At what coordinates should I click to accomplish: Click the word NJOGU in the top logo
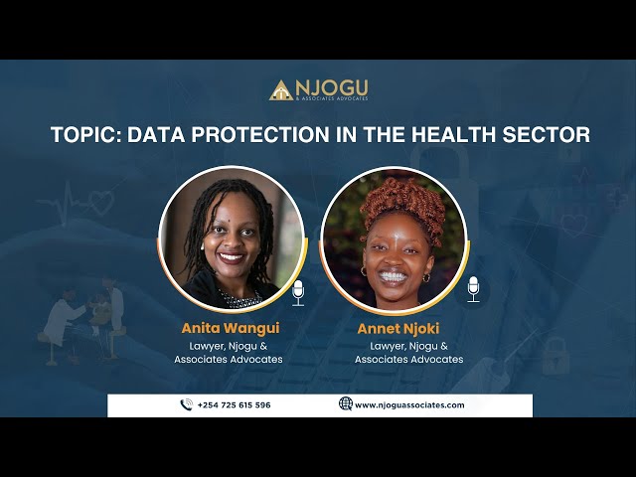(x=333, y=86)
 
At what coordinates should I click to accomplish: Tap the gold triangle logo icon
(x=281, y=90)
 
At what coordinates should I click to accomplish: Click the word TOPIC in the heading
(x=84, y=134)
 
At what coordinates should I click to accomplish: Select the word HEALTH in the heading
(x=447, y=134)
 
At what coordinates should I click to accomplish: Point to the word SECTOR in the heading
(x=544, y=134)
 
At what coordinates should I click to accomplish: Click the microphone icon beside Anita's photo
(x=298, y=291)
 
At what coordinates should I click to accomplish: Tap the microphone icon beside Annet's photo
(x=473, y=288)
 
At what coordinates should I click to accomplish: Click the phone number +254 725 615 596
(x=234, y=405)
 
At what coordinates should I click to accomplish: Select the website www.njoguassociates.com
(x=409, y=405)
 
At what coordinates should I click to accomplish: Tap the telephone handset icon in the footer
(x=186, y=405)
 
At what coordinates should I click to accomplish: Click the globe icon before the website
(x=346, y=404)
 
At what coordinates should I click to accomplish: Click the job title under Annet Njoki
(x=408, y=352)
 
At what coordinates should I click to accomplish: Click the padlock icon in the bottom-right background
(x=555, y=354)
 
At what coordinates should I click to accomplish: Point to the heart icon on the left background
(x=101, y=203)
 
